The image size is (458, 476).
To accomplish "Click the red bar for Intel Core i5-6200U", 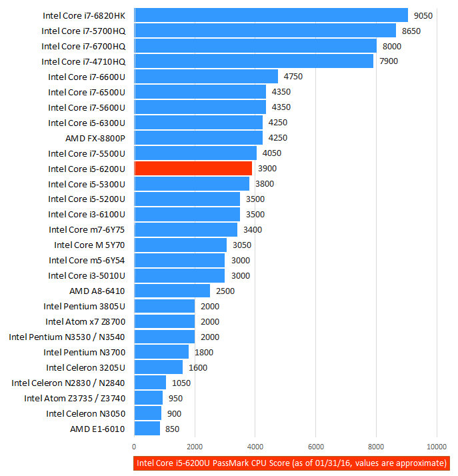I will tap(193, 169).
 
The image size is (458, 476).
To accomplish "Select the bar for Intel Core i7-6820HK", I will tap(271, 15).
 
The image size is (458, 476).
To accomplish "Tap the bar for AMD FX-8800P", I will tap(199, 138).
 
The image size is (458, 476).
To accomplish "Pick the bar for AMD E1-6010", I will tap(147, 429).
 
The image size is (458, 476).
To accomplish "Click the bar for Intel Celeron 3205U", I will tap(159, 367).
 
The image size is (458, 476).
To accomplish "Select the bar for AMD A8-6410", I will tap(172, 291).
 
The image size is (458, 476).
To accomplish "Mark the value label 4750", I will tap(293, 77).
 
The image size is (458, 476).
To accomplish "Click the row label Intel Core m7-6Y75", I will tap(87, 229).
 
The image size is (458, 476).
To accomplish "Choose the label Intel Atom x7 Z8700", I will tap(85, 321).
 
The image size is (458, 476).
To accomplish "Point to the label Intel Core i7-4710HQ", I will tap(83, 61).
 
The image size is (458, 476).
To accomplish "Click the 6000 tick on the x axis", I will tap(316, 447).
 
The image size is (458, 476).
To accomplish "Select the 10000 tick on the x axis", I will tap(437, 447).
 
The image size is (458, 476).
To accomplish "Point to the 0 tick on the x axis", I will tap(135, 447).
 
